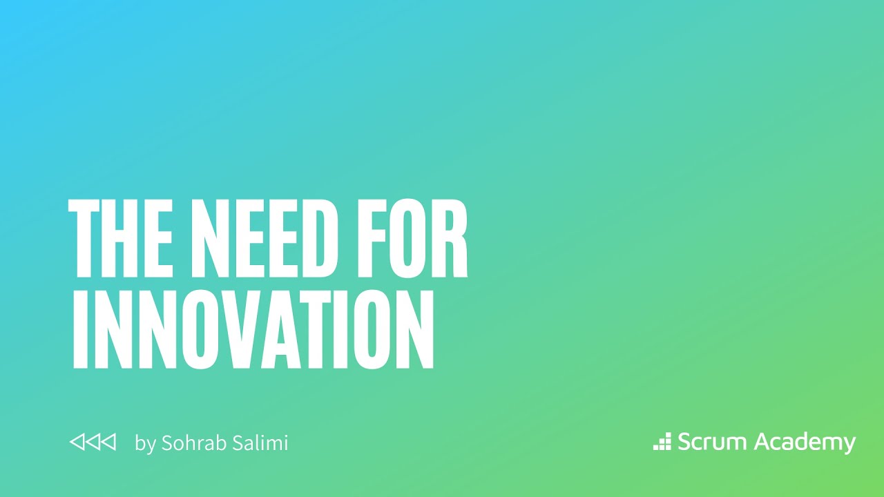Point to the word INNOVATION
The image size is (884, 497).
tap(253, 330)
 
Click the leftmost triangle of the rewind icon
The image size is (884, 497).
tap(77, 442)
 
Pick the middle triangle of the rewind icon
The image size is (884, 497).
tap(93, 442)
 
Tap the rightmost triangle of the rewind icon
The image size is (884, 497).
tap(108, 442)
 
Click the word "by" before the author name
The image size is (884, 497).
tap(145, 443)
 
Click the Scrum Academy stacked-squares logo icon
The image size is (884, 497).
tap(662, 442)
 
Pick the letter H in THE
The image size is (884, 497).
tap(123, 237)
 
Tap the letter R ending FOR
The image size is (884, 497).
tap(453, 237)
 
